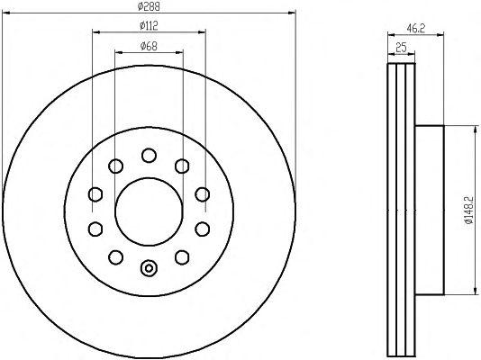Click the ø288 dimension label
click(149, 6)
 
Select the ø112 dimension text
click(149, 26)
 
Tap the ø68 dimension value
click(149, 46)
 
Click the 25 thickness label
click(401, 48)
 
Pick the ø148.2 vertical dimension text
click(469, 211)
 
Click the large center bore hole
click(149, 211)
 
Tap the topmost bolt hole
click(149, 155)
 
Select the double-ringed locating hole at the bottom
click(149, 268)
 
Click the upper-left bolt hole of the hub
click(115, 166)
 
